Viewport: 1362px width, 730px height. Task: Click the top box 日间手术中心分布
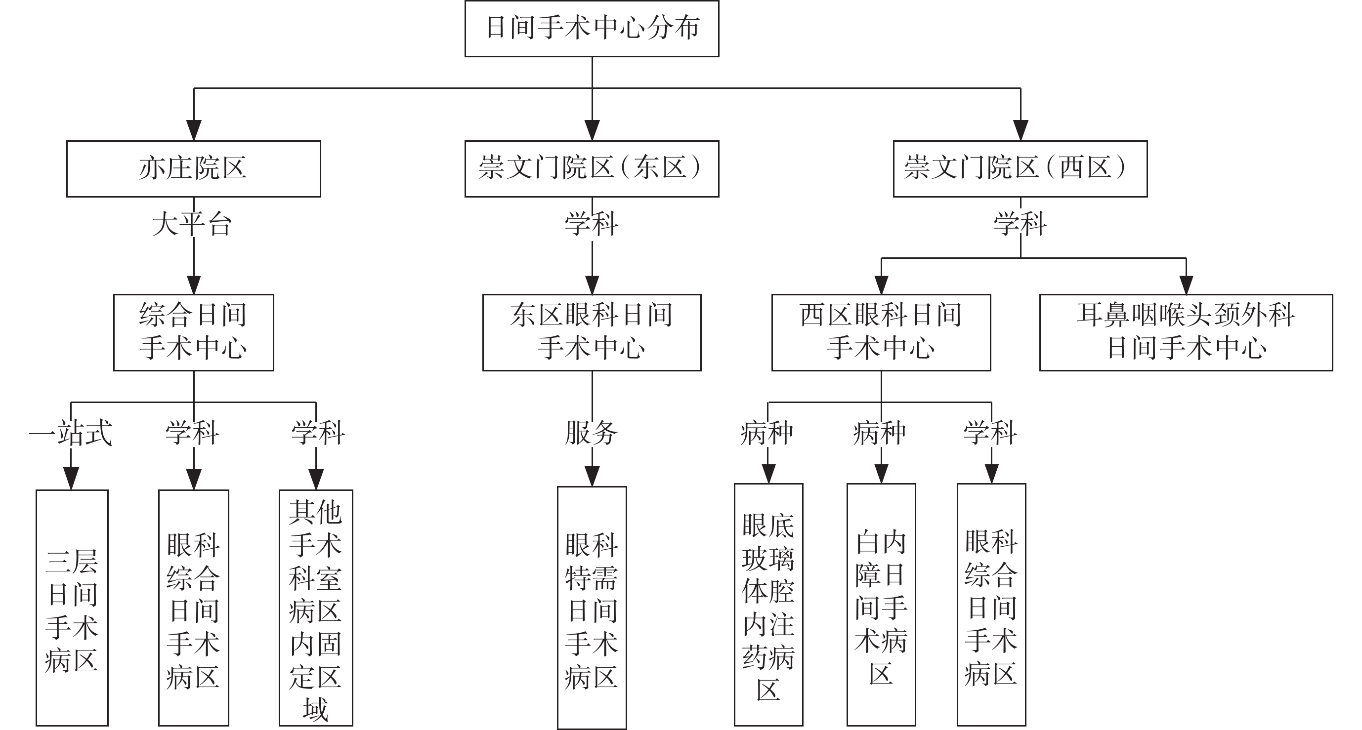592,29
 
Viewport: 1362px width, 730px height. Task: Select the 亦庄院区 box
194,168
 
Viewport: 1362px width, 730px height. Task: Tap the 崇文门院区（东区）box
592,168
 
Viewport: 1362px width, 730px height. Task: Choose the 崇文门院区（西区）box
1020,168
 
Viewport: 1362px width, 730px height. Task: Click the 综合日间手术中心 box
194,332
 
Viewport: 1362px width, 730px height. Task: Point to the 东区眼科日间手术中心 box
592,332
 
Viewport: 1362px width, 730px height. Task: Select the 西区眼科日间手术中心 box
881,332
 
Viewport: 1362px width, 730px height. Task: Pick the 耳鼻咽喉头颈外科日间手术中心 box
1186,332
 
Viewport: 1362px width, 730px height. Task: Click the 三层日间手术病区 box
72,608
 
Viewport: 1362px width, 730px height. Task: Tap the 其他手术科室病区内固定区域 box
316,608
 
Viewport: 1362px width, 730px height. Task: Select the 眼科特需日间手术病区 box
592,608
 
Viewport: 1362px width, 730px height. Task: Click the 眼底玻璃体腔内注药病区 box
768,605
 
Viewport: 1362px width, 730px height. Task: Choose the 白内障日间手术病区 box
881,605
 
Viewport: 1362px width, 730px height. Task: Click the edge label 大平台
192,224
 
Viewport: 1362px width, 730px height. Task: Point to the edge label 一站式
70,433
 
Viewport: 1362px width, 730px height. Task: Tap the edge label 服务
591,433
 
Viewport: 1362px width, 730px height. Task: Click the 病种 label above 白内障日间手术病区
879,433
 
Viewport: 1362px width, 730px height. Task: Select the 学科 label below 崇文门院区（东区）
591,224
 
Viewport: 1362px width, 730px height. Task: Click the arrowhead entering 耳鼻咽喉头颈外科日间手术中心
1187,285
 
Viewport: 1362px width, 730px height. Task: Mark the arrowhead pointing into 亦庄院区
194,130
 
